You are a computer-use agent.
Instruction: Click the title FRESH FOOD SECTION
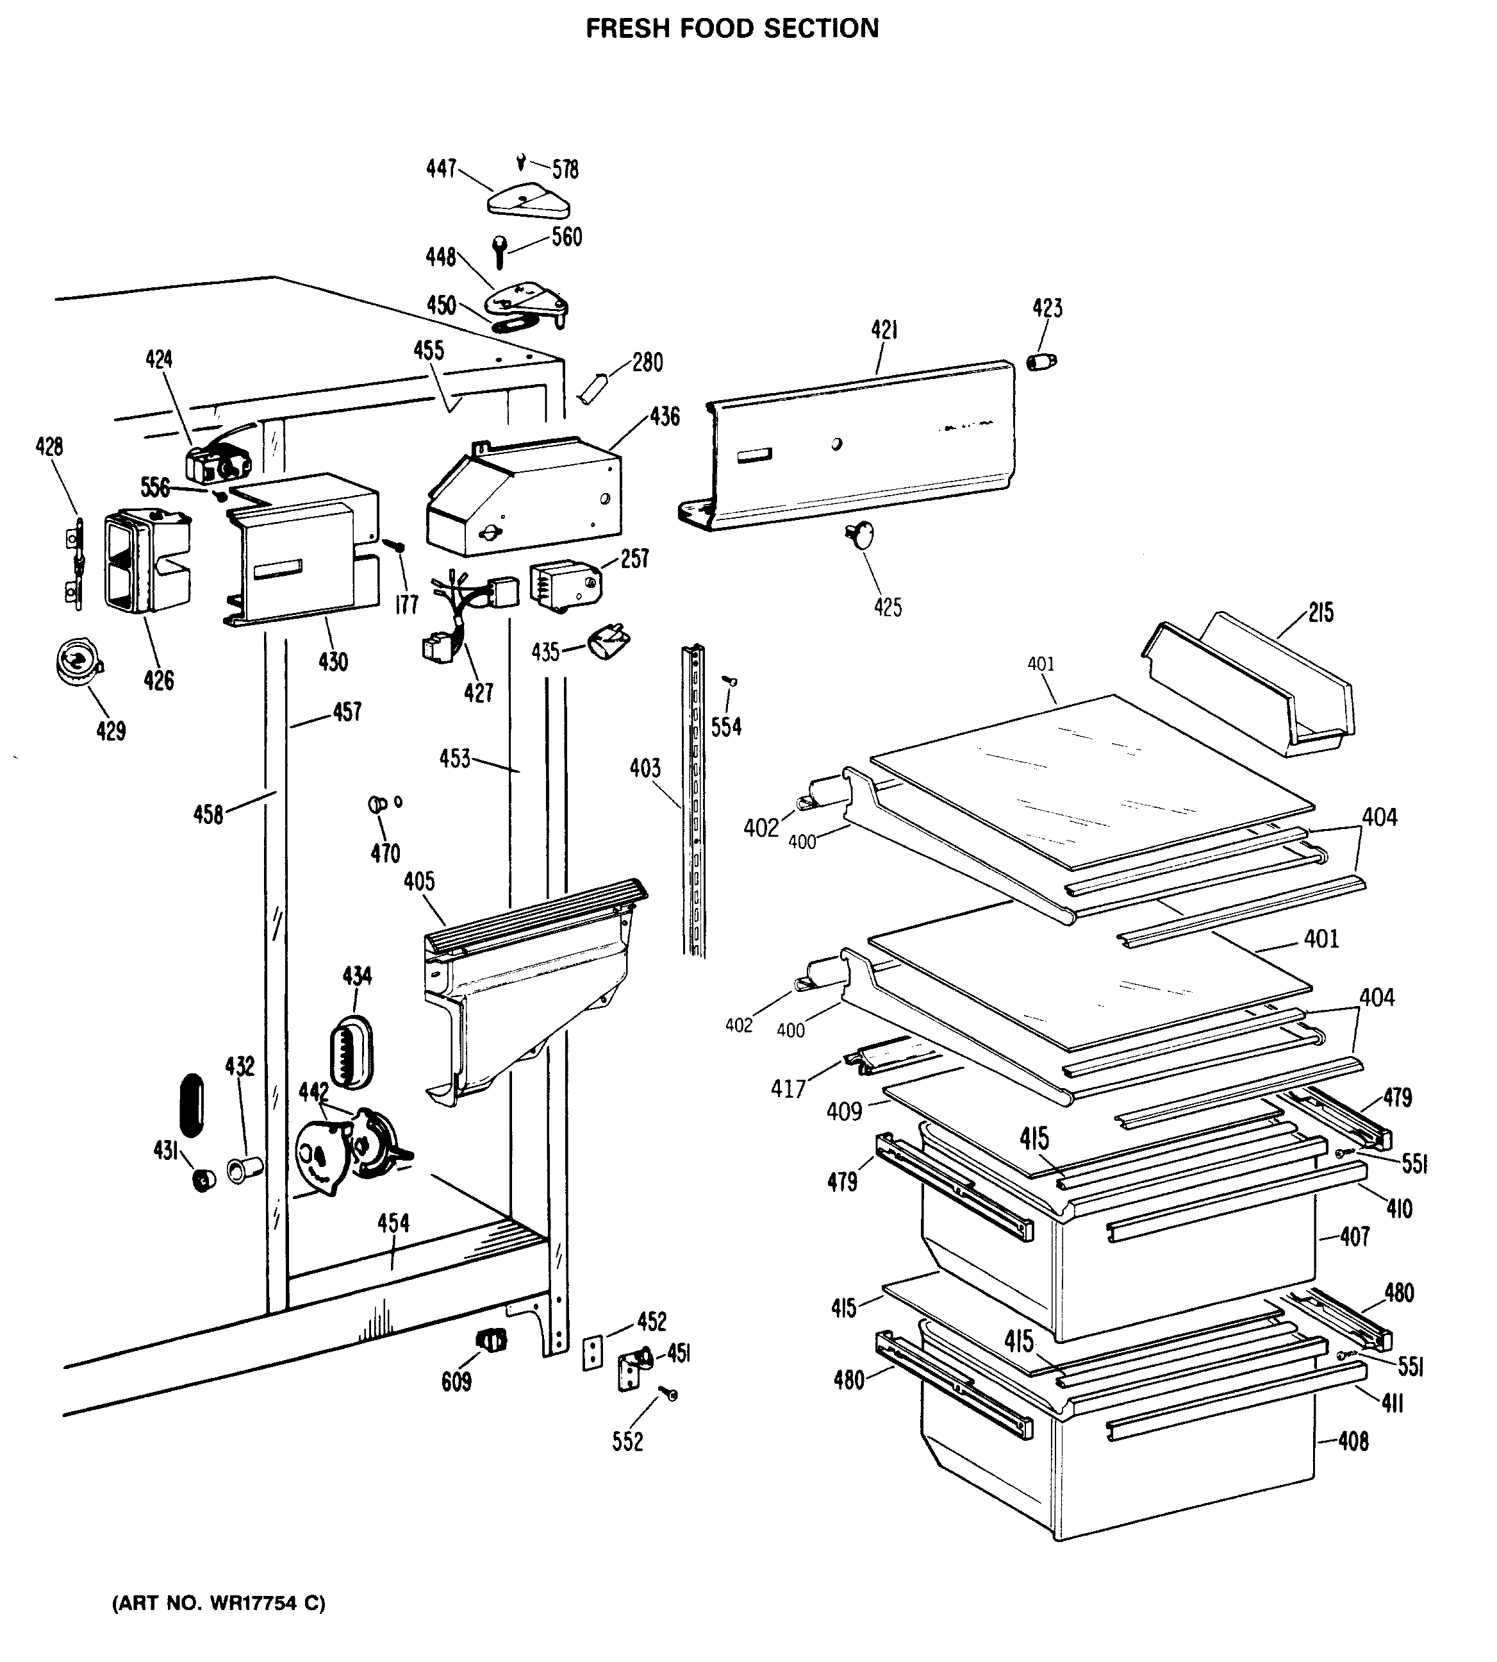[x=731, y=29]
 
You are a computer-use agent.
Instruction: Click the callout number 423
[x=1047, y=308]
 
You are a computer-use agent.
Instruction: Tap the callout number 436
[x=665, y=417]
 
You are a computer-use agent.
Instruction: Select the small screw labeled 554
[x=729, y=681]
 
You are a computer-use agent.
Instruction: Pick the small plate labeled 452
[x=592, y=1354]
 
